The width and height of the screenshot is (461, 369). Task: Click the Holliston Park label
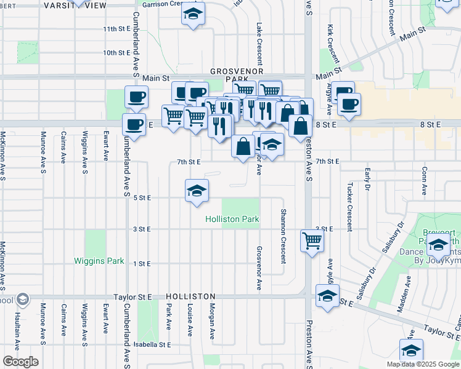pyautogui.click(x=232, y=219)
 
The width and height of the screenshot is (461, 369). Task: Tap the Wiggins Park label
pyautogui.click(x=99, y=261)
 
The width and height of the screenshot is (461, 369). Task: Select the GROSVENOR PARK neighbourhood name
pyautogui.click(x=232, y=75)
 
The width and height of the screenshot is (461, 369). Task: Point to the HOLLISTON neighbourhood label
pyautogui.click(x=190, y=296)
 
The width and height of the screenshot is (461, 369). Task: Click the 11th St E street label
pyautogui.click(x=116, y=29)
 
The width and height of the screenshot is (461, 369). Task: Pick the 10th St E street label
pyautogui.click(x=116, y=53)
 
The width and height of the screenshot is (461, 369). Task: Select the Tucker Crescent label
pyautogui.click(x=349, y=206)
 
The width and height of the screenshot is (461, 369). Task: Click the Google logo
pyautogui.click(x=20, y=362)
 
